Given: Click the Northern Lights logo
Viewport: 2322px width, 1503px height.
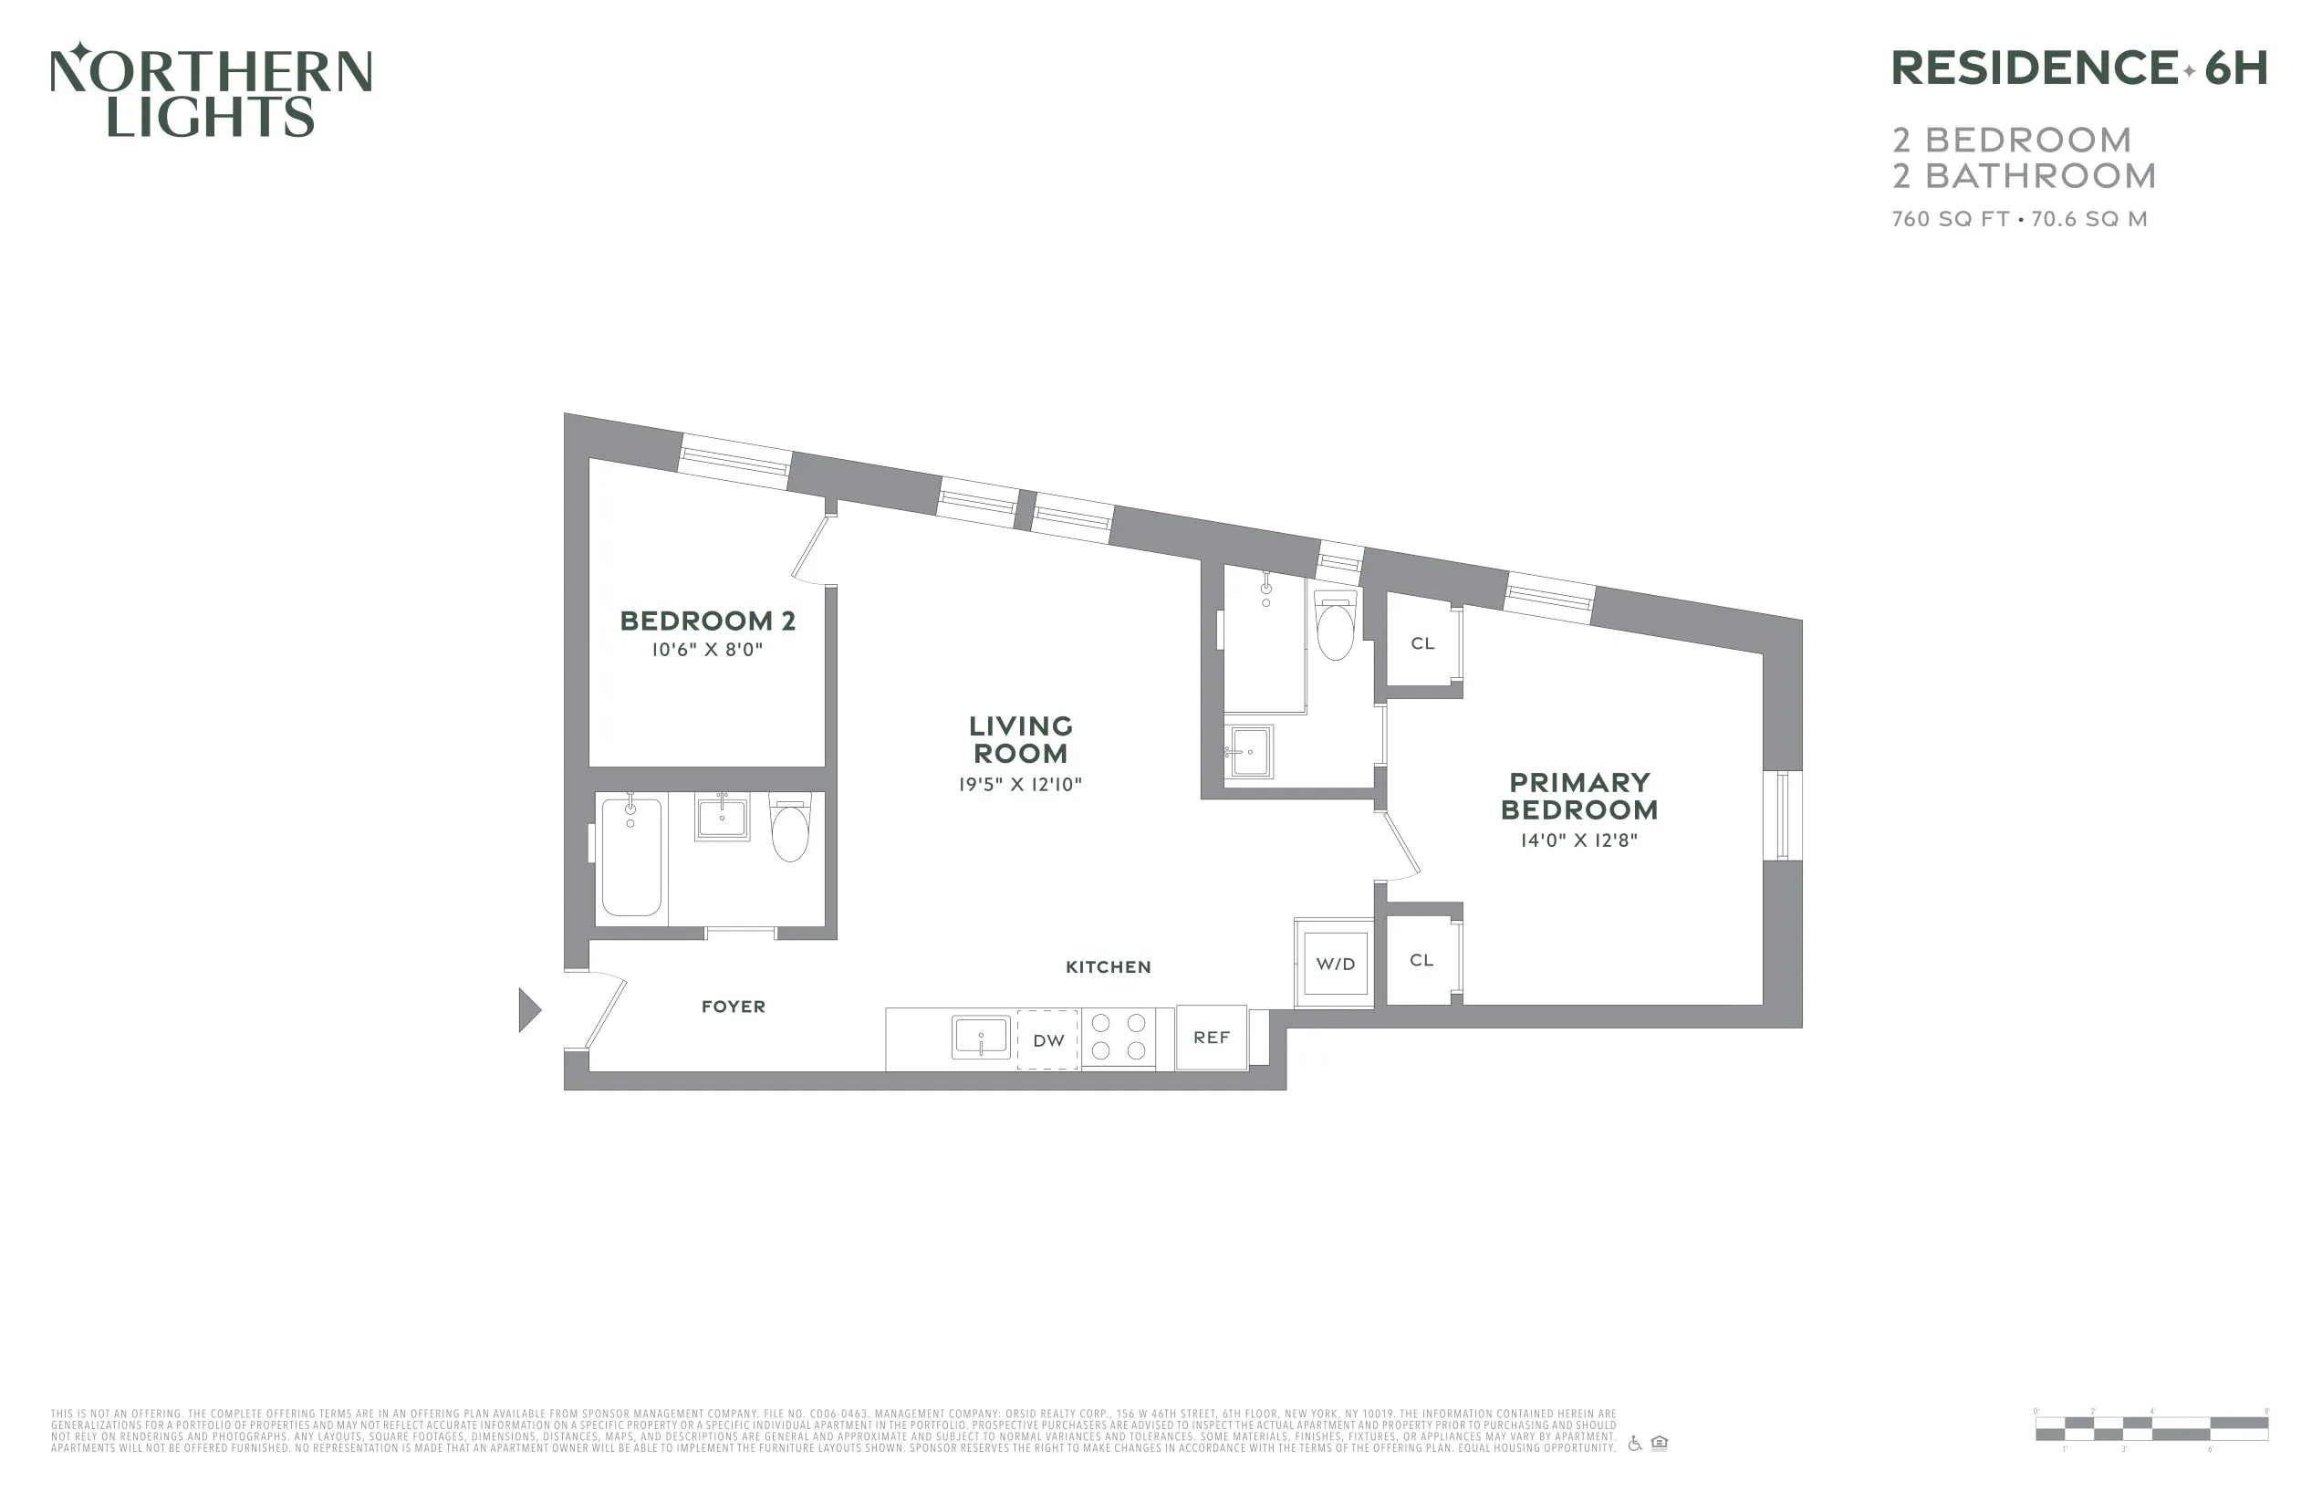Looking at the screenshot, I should pos(211,90).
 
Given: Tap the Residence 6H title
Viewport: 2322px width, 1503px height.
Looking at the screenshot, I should pos(2077,69).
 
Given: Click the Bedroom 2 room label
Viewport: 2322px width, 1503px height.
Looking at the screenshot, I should pos(707,621).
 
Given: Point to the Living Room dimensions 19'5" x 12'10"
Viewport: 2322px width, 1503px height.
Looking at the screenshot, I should pos(1019,785).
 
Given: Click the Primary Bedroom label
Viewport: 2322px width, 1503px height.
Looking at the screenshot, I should pos(1578,797).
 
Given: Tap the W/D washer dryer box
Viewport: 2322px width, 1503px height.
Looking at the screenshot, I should pos(1335,965).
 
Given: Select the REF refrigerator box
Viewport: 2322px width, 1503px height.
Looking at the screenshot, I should pos(1211,1038).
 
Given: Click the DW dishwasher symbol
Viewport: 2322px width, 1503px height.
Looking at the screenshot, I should pos(1047,1040).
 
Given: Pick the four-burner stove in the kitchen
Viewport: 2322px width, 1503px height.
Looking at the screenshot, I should pos(1118,1038).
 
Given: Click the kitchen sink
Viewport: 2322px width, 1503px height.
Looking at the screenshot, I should pos(981,1038).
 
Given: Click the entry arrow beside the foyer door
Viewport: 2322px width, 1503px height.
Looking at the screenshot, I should pos(529,1010).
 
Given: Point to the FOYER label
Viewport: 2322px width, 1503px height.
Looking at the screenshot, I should pos(733,1007).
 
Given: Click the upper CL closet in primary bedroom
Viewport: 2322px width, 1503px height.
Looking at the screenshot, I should pos(1422,644).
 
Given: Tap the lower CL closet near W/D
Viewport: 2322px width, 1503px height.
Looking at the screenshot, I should pos(1421,961).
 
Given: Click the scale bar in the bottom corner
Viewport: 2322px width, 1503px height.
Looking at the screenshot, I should pos(2151,1430).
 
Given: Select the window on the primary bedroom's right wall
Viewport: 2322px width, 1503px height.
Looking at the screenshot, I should pos(1782,816).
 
